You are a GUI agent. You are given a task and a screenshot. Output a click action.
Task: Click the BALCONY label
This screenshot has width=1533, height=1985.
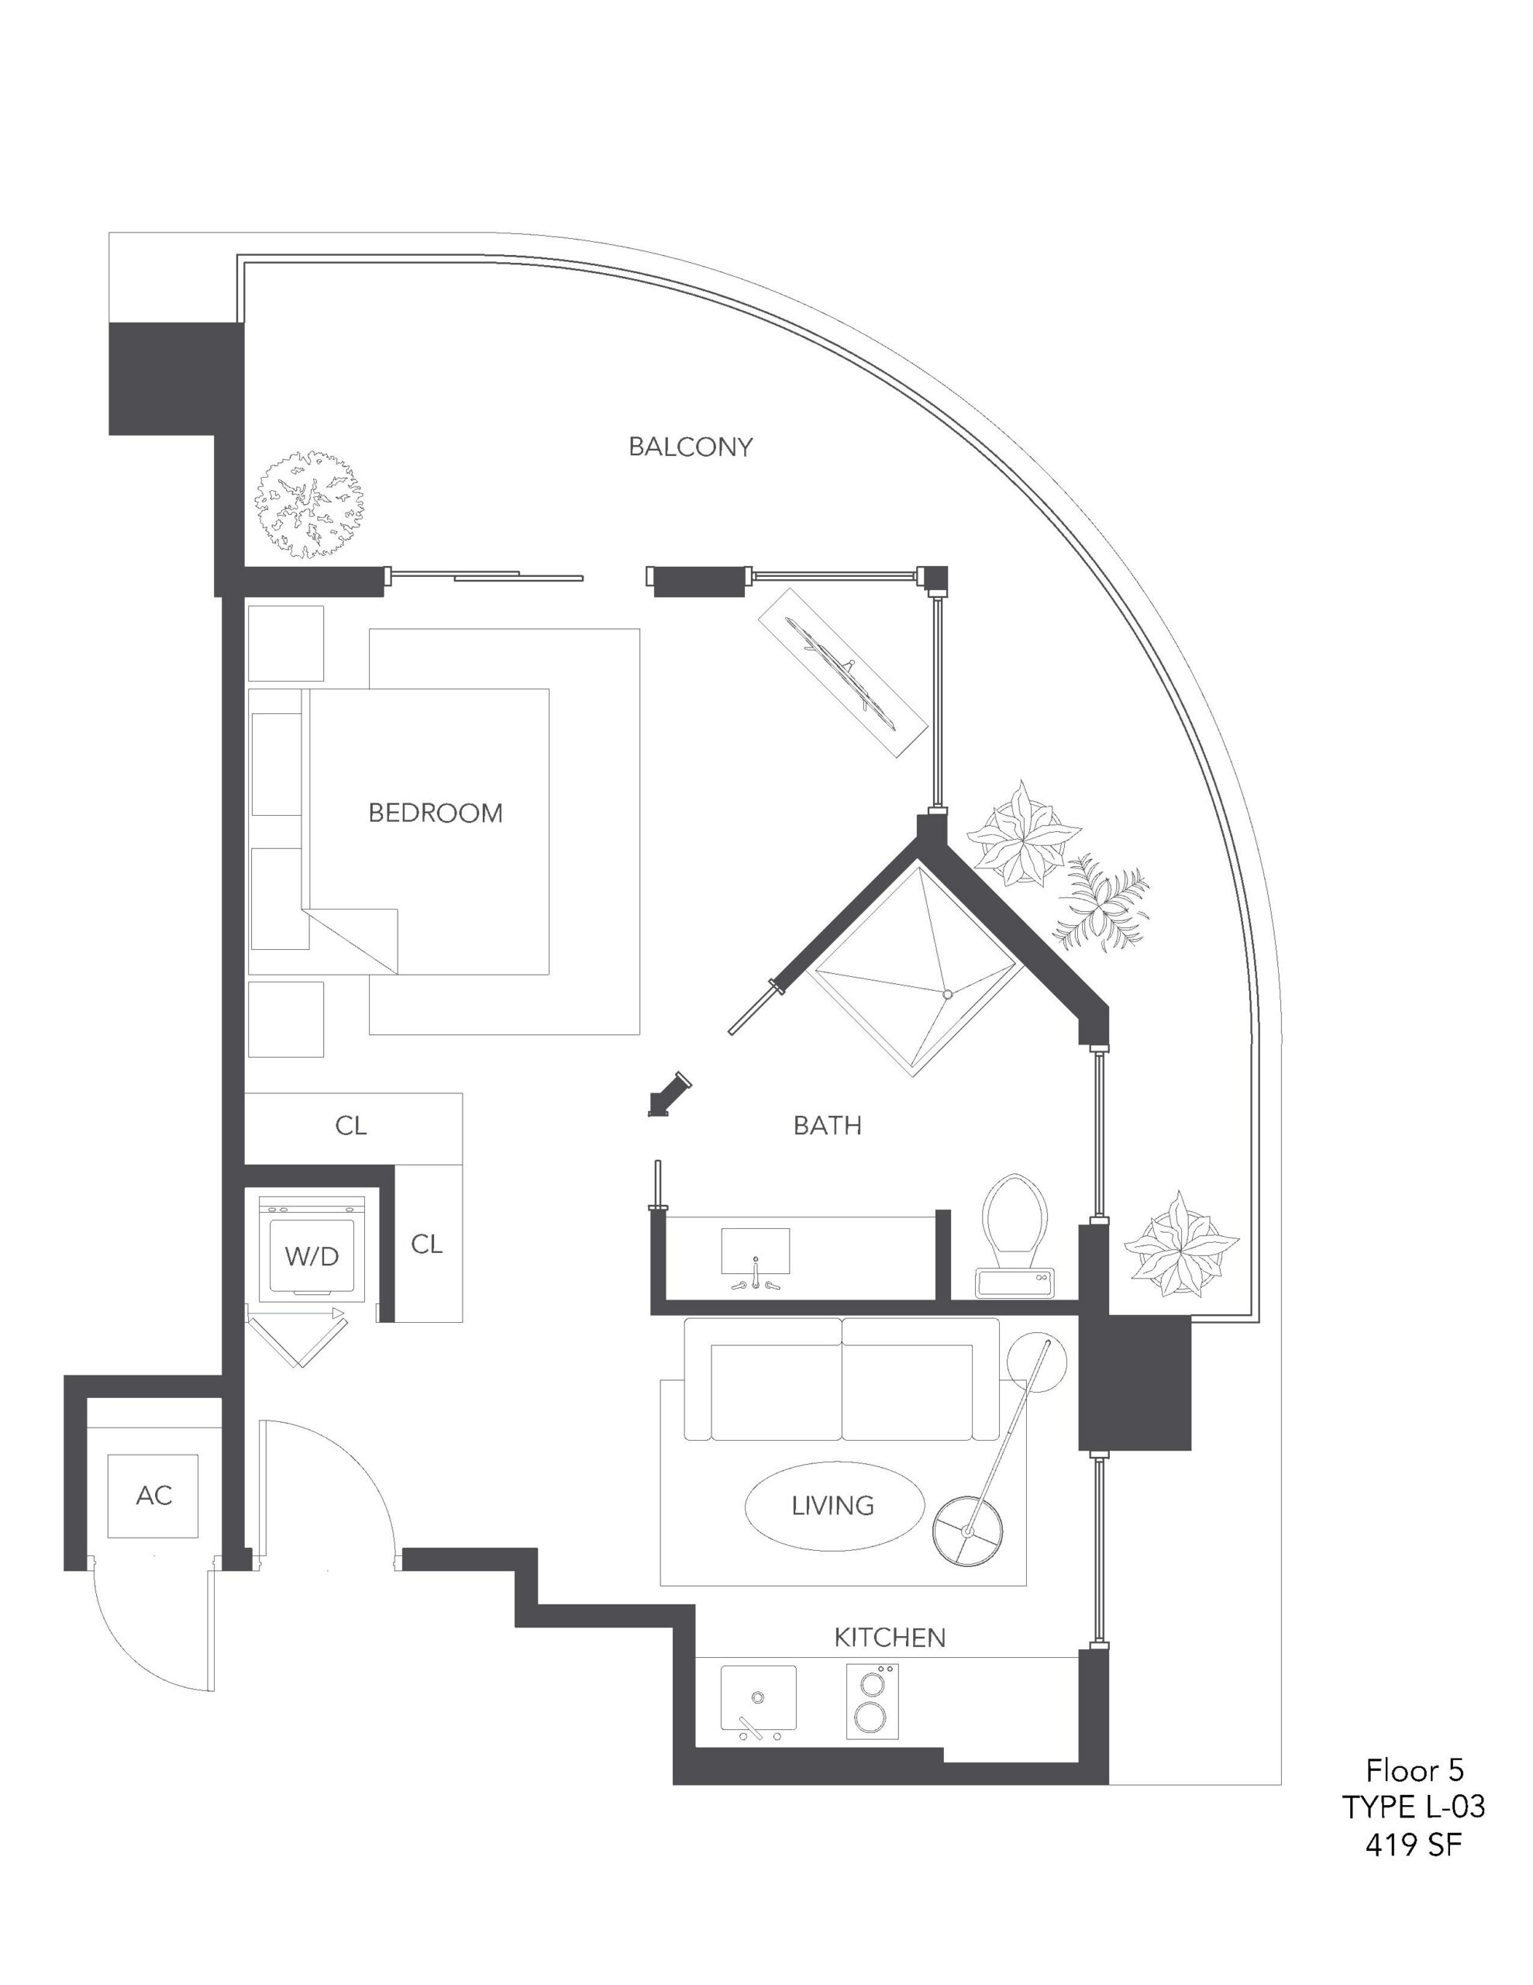point(691,447)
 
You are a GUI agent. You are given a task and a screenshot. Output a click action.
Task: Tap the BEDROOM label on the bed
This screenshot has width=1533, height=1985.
point(436,813)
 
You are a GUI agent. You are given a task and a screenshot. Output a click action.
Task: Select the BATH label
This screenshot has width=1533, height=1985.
point(827,1125)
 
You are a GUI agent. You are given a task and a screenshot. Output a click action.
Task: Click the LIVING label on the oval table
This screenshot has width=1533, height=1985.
point(833,1506)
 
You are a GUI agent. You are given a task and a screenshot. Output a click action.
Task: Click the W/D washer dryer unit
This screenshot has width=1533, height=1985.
point(312,1248)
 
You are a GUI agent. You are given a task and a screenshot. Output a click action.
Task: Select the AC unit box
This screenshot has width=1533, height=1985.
point(153,1495)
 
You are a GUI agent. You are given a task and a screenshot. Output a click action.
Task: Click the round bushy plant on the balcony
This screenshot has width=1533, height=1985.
point(310,505)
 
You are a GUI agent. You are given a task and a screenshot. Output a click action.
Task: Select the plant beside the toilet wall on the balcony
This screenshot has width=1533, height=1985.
point(1180,1244)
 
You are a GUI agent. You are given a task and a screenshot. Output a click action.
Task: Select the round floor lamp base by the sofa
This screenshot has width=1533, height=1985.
point(968,1532)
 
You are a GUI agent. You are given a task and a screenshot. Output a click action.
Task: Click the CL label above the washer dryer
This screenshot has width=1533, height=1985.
point(351,1126)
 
